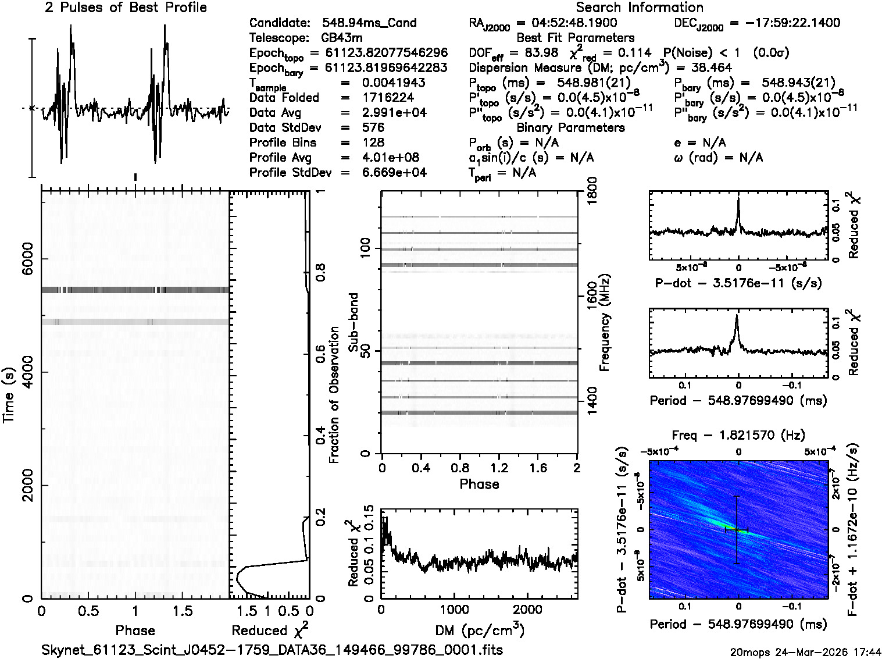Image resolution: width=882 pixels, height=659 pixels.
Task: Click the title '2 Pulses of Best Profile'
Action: pos(126,8)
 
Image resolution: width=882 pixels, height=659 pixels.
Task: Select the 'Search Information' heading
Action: pos(640,8)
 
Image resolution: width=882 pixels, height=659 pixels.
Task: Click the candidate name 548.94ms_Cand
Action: pos(369,23)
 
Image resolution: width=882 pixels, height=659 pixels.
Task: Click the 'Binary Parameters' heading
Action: pos(570,127)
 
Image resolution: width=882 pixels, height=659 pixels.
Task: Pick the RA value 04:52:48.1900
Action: pos(566,23)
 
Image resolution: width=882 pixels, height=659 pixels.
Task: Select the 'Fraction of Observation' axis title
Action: pos(334,394)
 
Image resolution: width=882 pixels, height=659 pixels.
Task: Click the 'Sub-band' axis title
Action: pos(353,322)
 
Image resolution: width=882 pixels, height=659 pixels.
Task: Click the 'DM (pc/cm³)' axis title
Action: pos(479,630)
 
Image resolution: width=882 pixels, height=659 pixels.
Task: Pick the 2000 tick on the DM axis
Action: pos(527,610)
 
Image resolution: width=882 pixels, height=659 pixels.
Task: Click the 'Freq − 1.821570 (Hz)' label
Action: pos(738,435)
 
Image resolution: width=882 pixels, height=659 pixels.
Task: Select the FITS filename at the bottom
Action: pos(272,650)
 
